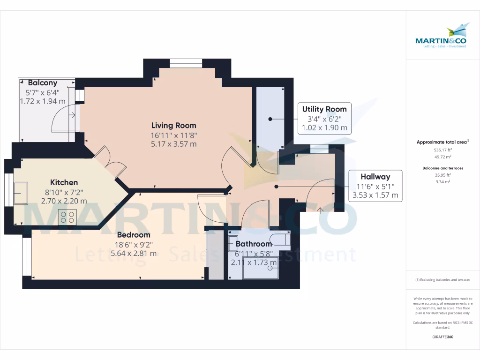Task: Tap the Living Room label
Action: tap(173, 125)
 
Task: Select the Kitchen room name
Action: tap(64, 182)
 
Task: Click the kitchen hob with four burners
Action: tap(67, 217)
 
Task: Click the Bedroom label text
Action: tap(134, 235)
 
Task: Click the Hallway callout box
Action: tap(375, 186)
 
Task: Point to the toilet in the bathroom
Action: tap(280, 240)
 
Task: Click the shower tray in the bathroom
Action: tap(260, 267)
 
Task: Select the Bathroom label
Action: tap(254, 244)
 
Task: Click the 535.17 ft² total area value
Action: tap(442, 150)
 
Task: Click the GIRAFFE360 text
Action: tap(443, 337)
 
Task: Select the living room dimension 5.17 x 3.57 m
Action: tap(173, 144)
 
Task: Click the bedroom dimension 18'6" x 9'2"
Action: tap(134, 244)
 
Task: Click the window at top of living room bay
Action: tap(186, 63)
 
